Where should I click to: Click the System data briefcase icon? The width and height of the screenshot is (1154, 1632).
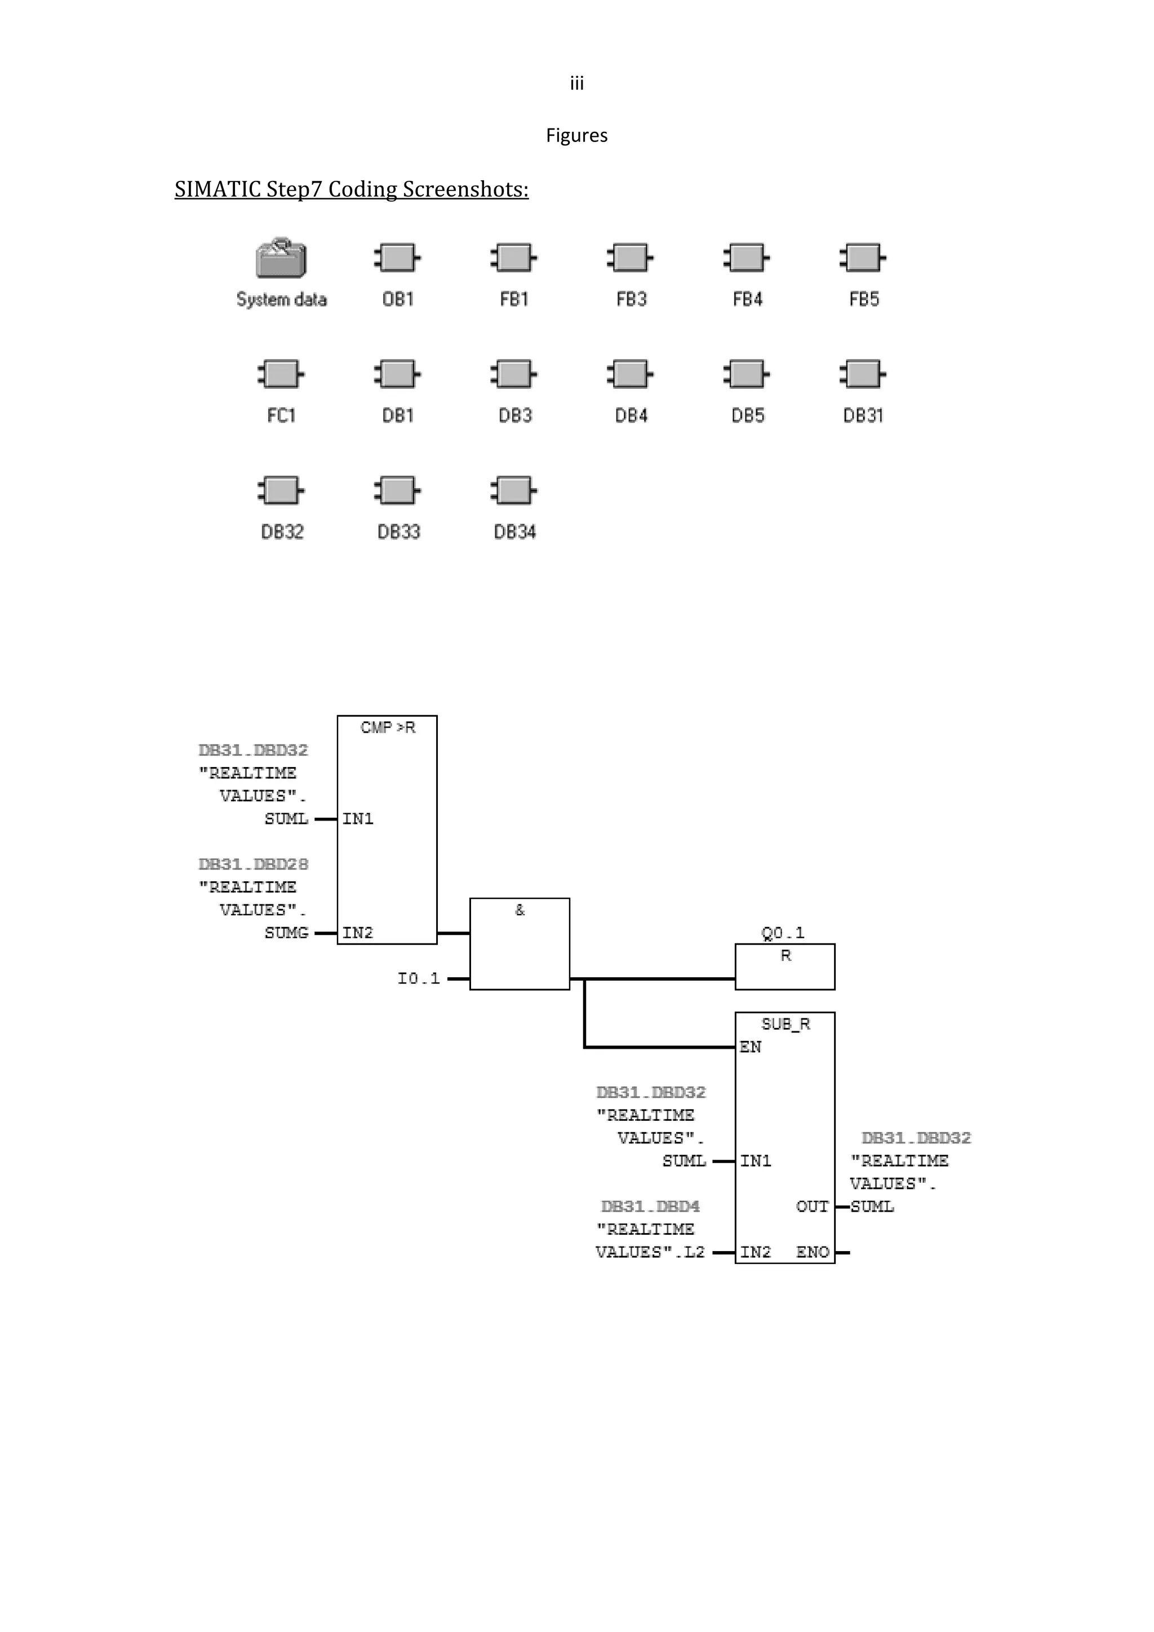pyautogui.click(x=281, y=259)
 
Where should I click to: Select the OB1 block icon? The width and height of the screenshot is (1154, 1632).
pyautogui.click(x=397, y=258)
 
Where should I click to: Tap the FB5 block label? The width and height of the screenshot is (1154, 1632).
pyautogui.click(x=863, y=299)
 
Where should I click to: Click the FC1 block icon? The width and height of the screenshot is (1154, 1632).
pyautogui.click(x=281, y=374)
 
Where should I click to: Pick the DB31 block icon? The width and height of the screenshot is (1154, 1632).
pyautogui.click(x=863, y=374)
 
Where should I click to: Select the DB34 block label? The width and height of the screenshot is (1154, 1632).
pyautogui.click(x=514, y=531)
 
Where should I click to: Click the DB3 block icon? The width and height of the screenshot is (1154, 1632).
pyautogui.click(x=514, y=374)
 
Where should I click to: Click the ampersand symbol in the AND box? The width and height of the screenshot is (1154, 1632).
pyautogui.click(x=520, y=910)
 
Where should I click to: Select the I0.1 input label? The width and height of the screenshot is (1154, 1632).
pyautogui.click(x=419, y=979)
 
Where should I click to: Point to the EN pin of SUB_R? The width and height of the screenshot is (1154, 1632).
pyautogui.click(x=751, y=1047)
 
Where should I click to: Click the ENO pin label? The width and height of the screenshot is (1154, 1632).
pyautogui.click(x=812, y=1252)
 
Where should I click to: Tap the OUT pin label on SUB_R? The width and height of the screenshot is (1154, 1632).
pyautogui.click(x=812, y=1206)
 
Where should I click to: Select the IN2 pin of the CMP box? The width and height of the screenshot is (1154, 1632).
pyautogui.click(x=357, y=933)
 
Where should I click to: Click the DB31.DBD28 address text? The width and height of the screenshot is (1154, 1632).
pyautogui.click(x=253, y=864)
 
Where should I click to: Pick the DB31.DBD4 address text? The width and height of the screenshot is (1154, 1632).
pyautogui.click(x=650, y=1206)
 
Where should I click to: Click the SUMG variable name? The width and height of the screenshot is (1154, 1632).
pyautogui.click(x=286, y=933)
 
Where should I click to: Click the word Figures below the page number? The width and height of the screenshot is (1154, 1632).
pyautogui.click(x=576, y=135)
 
